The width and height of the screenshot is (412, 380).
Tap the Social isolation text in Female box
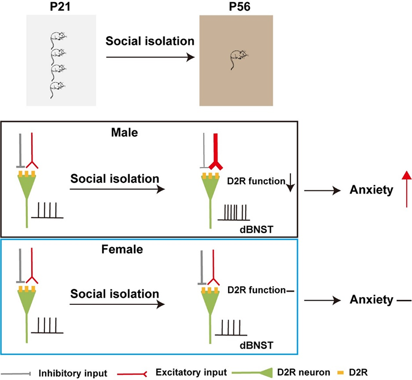[x=114, y=294]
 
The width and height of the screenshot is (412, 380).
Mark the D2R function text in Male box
[x=256, y=181]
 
